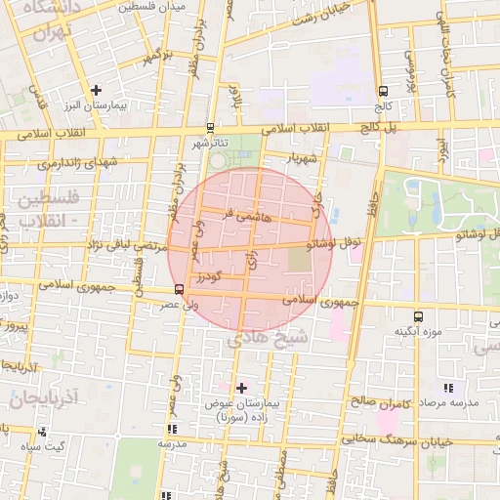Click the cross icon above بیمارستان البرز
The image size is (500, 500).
[x=96, y=90]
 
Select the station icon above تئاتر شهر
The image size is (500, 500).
[x=211, y=127]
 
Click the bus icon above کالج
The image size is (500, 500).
[x=383, y=91]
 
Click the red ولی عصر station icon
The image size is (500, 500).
[x=178, y=289]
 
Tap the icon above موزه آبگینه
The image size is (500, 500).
[x=419, y=316]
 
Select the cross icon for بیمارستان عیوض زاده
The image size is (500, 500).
[x=242, y=388]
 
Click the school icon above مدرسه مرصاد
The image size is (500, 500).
[x=447, y=388]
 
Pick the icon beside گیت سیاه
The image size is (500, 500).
[x=40, y=431]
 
